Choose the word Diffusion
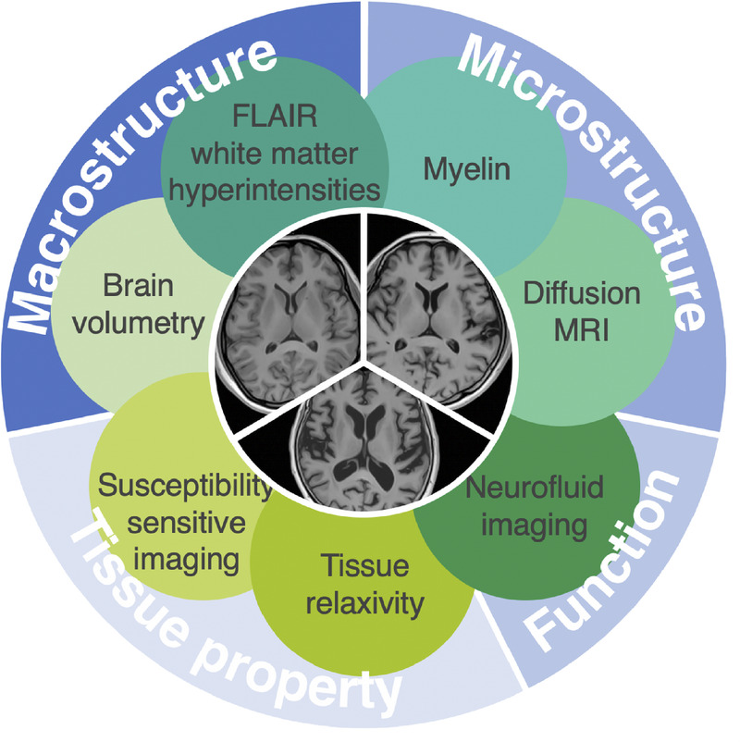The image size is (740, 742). point(582,293)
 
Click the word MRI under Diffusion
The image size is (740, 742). point(582,330)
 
